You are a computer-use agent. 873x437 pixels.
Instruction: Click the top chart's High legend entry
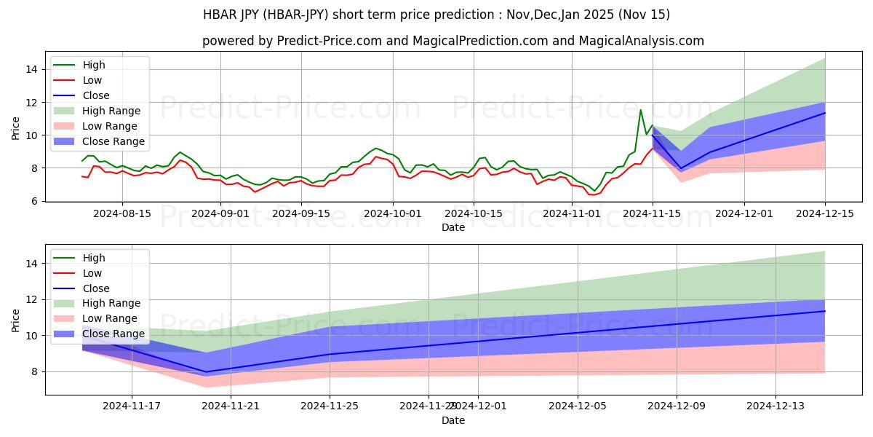point(94,65)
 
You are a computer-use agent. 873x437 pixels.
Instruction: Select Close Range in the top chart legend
point(113,141)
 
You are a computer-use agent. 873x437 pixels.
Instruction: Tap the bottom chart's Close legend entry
point(96,288)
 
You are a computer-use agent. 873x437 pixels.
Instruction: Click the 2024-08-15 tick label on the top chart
point(121,213)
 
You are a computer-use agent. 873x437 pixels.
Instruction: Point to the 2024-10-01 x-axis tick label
point(393,213)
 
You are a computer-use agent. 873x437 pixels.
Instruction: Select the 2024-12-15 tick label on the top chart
point(825,213)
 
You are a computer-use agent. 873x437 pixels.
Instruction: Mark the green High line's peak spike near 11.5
point(640,110)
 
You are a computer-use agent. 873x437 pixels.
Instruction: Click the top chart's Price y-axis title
point(16,129)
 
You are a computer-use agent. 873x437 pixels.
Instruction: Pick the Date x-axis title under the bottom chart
point(453,420)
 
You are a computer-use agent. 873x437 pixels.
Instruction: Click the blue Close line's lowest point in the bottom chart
point(206,372)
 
